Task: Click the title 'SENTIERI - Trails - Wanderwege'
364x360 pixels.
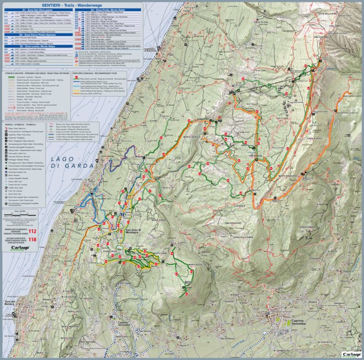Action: tap(74, 4)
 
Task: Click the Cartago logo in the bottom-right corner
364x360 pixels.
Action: tap(351, 354)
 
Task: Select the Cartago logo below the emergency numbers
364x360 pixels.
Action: tap(20, 248)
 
